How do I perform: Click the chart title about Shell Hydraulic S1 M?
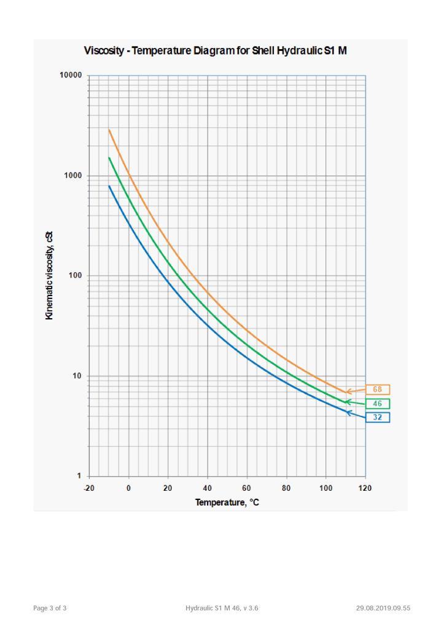coord(216,50)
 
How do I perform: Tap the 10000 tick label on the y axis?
coord(71,76)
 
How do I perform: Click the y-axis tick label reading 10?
coord(77,376)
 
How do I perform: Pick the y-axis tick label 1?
coord(80,476)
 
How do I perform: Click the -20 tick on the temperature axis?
coord(89,488)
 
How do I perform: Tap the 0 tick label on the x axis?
coord(128,488)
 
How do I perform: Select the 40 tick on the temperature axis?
coord(208,488)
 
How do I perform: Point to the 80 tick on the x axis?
coord(286,488)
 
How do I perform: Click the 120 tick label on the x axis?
coord(365,488)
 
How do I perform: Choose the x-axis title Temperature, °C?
coord(227,502)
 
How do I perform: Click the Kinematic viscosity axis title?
coord(50,275)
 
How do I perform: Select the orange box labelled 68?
coord(378,389)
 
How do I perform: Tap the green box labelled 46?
coord(378,404)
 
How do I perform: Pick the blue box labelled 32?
coord(378,417)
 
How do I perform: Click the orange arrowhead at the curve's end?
coord(348,391)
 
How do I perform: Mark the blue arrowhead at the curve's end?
coord(348,412)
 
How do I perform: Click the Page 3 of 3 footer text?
coord(50,608)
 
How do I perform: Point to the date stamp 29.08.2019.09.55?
coord(383,608)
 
